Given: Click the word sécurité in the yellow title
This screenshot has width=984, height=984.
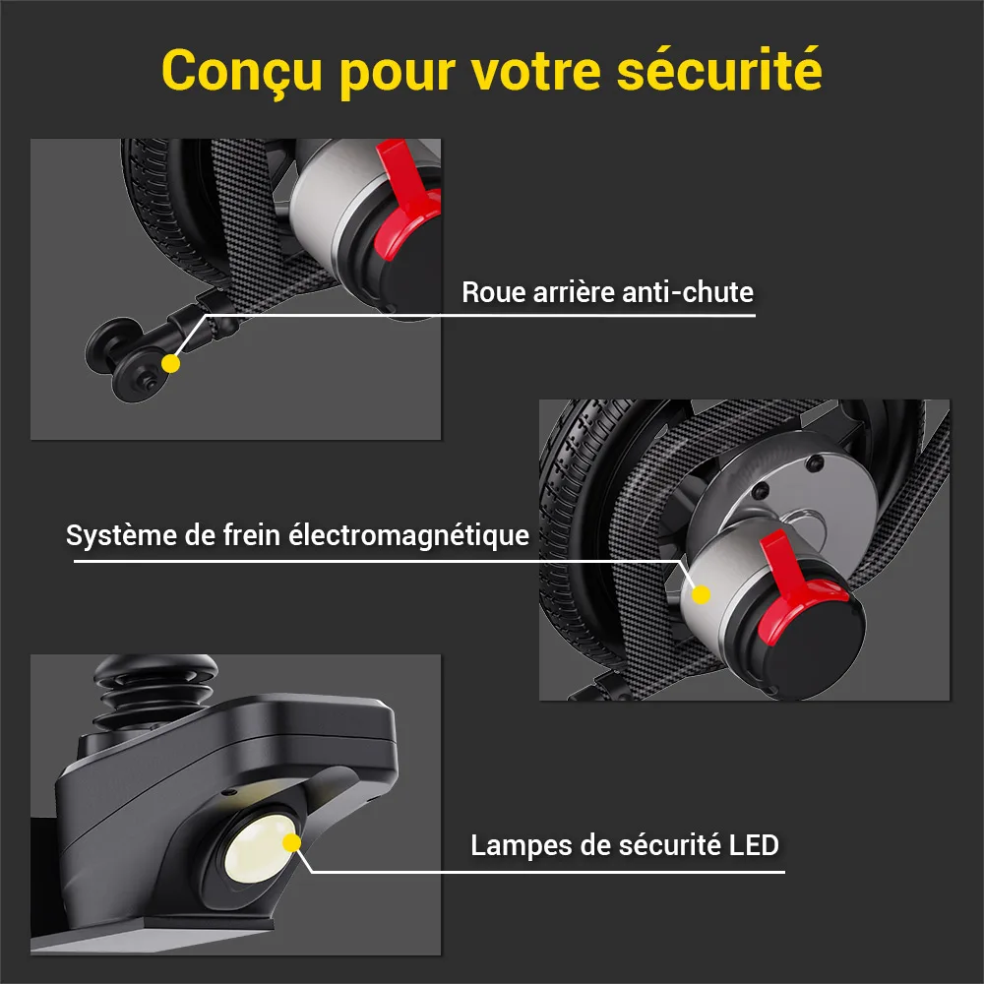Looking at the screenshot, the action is pos(719,70).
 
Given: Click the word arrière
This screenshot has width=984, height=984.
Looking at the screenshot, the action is pos(574,292).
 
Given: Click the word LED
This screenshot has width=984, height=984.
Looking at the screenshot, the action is pos(754,845).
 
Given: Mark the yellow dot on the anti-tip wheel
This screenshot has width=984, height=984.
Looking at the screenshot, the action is pos(170,363).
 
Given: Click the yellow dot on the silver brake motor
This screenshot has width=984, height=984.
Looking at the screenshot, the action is pos(701,594).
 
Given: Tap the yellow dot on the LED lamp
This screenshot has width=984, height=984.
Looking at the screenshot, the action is pos(292,843).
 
